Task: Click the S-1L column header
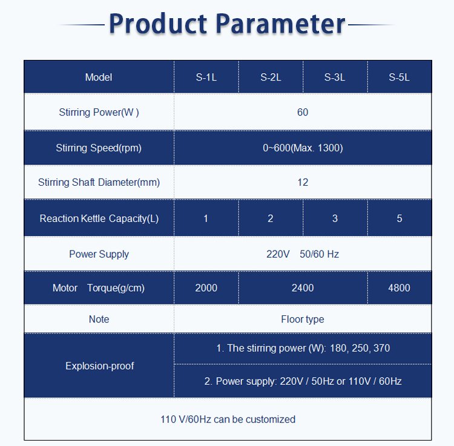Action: point(206,77)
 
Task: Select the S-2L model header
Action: point(271,77)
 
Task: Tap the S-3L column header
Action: point(335,77)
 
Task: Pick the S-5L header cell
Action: point(400,77)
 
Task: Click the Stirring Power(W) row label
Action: point(99,113)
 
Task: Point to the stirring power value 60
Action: point(303,113)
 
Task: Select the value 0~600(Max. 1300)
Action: point(303,148)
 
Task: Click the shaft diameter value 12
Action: point(303,182)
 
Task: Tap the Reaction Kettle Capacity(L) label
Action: point(99,218)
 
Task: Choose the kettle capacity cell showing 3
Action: point(335,218)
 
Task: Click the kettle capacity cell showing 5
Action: point(400,218)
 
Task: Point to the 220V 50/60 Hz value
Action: point(303,254)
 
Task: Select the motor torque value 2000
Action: point(206,288)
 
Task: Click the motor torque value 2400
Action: point(303,288)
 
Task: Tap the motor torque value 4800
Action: point(400,288)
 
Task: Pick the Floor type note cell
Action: point(303,320)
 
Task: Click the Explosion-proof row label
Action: point(100,366)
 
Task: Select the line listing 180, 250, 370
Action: point(303,348)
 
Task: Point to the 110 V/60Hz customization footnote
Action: point(228,419)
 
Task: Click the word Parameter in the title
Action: point(280,24)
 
